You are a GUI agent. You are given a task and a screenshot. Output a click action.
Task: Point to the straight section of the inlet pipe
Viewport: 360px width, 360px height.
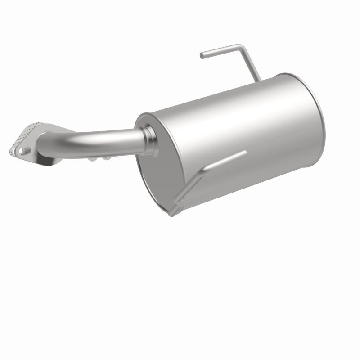point(108,133)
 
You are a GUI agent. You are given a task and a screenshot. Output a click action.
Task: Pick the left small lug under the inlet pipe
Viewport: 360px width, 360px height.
point(92,159)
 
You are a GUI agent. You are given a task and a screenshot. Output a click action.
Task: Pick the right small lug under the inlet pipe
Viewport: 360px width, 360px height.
point(108,157)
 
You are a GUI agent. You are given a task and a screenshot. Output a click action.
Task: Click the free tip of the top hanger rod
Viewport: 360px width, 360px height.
point(202,56)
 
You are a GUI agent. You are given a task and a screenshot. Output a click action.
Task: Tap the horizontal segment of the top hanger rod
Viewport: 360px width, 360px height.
point(220,50)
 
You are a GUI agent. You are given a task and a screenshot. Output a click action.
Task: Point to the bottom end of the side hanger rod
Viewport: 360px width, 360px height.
point(174,212)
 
